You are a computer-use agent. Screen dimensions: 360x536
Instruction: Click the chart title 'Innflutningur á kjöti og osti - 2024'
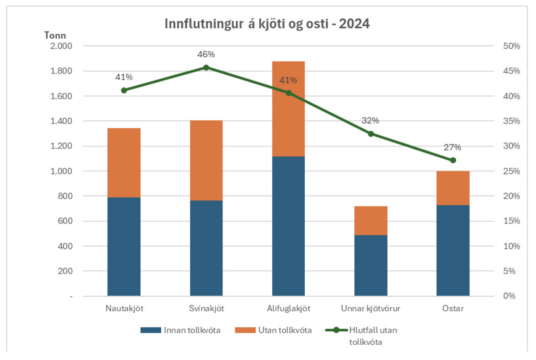pyautogui.click(x=267, y=24)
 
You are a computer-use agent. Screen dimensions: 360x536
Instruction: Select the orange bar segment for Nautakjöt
pyautogui.click(x=124, y=163)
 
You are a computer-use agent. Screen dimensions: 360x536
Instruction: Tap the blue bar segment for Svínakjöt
pyautogui.click(x=206, y=248)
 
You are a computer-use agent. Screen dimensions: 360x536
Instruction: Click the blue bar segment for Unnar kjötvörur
pyautogui.click(x=371, y=265)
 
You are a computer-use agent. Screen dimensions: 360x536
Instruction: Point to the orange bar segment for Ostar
pyautogui.click(x=453, y=188)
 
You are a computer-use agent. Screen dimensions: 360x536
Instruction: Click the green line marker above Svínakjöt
pyautogui.click(x=206, y=68)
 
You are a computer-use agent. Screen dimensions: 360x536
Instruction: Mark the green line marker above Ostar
pyautogui.click(x=453, y=160)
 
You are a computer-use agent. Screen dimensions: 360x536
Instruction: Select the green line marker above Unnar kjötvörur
pyautogui.click(x=371, y=134)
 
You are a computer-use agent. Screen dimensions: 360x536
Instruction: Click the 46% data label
pyautogui.click(x=206, y=55)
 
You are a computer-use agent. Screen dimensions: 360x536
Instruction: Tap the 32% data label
pyautogui.click(x=370, y=120)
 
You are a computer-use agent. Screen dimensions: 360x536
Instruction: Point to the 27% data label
pyautogui.click(x=452, y=147)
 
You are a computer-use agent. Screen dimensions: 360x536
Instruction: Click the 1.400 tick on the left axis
pyautogui.click(x=61, y=121)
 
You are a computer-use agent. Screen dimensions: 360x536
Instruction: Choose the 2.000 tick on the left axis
pyautogui.click(x=61, y=46)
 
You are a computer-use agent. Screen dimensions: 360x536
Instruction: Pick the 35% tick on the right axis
pyautogui.click(x=511, y=121)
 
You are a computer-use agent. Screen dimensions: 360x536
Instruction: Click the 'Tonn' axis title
pyautogui.click(x=55, y=35)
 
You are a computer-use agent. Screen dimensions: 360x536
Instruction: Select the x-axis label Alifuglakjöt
pyautogui.click(x=288, y=308)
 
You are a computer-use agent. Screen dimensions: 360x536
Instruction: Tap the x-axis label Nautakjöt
pyautogui.click(x=124, y=308)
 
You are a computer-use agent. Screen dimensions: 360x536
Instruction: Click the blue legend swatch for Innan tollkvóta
pyautogui.click(x=151, y=330)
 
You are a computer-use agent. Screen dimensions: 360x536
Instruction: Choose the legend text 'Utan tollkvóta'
pyautogui.click(x=285, y=330)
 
